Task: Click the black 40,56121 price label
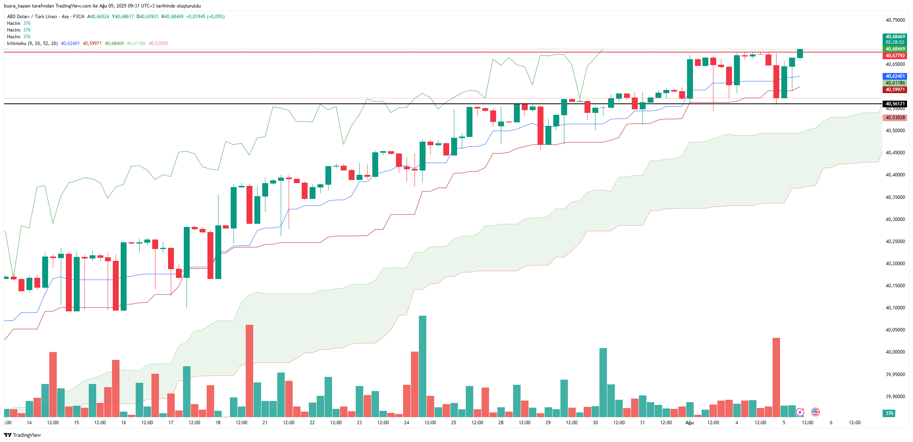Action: (x=895, y=104)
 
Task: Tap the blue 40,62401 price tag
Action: (x=895, y=76)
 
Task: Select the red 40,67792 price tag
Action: (x=895, y=56)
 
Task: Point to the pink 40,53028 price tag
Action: (x=895, y=118)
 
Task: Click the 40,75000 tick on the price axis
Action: (x=895, y=20)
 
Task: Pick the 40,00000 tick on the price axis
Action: (x=895, y=352)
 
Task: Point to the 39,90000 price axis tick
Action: (x=895, y=397)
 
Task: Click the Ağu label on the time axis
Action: (x=689, y=423)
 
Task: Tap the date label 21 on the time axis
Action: (x=265, y=423)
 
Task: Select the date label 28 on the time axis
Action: (x=501, y=423)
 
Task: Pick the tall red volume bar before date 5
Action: (x=776, y=377)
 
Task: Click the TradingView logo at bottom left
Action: (x=22, y=435)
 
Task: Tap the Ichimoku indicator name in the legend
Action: (x=17, y=43)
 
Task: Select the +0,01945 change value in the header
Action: (x=196, y=17)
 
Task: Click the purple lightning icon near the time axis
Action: (x=800, y=412)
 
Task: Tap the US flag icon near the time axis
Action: (x=816, y=412)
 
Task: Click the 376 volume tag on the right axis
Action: (x=889, y=413)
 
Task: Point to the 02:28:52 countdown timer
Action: (x=895, y=42)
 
